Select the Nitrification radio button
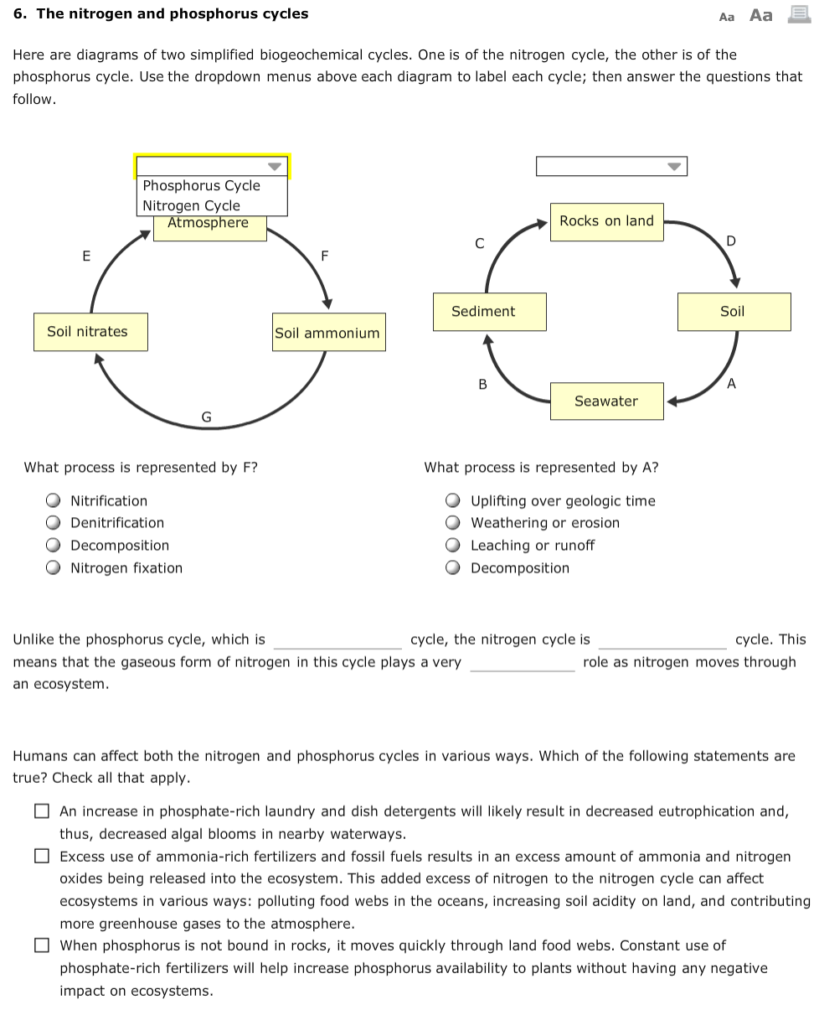(x=54, y=501)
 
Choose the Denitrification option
(x=54, y=523)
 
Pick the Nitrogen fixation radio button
(x=54, y=568)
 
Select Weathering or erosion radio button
(x=453, y=523)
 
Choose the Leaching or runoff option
(x=453, y=546)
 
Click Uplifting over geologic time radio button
(x=453, y=501)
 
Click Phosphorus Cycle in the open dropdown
(x=202, y=186)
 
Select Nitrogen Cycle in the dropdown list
(x=192, y=205)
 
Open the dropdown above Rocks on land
(x=611, y=166)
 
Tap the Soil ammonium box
(x=327, y=333)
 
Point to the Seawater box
(x=606, y=401)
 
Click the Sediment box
(x=483, y=312)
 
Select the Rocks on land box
(x=606, y=221)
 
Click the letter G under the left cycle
(x=206, y=417)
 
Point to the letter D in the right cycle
(x=731, y=242)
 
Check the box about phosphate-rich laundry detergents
(x=42, y=811)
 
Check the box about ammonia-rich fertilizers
(x=42, y=857)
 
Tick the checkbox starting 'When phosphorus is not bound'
(x=42, y=945)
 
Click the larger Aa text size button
(x=761, y=15)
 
